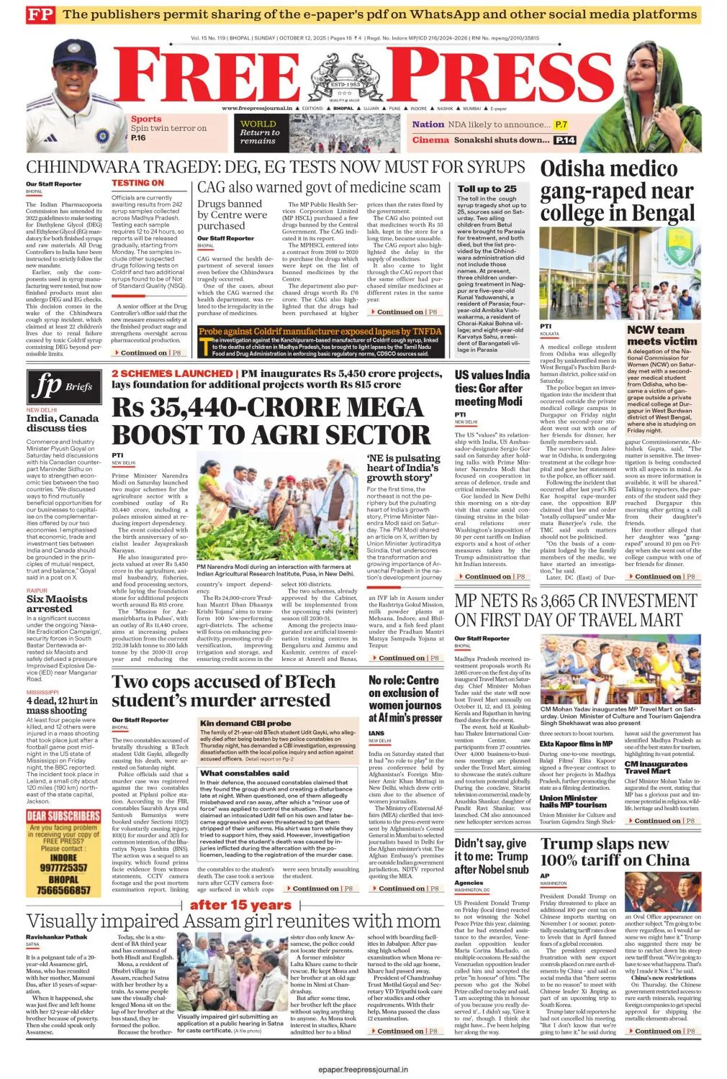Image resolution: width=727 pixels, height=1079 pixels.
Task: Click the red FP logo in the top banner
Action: pos(40,14)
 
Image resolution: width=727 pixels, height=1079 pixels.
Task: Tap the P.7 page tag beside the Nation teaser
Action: pos(561,124)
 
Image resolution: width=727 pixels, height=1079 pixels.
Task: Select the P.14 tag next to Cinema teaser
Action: pos(565,140)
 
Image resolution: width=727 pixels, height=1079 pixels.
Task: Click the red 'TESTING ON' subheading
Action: pos(137,183)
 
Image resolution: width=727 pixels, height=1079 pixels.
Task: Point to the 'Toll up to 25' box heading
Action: pos(487,189)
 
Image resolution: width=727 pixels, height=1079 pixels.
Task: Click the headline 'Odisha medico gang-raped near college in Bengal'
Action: pos(618,191)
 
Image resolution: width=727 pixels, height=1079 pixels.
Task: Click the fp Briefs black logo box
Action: pos(64,387)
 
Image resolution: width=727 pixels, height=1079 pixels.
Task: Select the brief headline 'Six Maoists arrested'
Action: pos(57,604)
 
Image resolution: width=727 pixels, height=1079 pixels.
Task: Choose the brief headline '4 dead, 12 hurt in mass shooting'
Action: pos(62,705)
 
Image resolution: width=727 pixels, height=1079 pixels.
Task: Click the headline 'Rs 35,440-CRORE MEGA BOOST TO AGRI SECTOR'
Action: pos(271,421)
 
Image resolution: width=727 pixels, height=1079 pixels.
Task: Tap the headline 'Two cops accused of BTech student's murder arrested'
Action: pos(224,691)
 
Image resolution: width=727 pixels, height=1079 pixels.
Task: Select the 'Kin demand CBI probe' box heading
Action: pos(246,723)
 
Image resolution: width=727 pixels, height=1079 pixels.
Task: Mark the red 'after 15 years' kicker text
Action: pos(240,905)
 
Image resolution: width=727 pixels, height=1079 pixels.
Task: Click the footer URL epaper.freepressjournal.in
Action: pos(363,1070)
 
